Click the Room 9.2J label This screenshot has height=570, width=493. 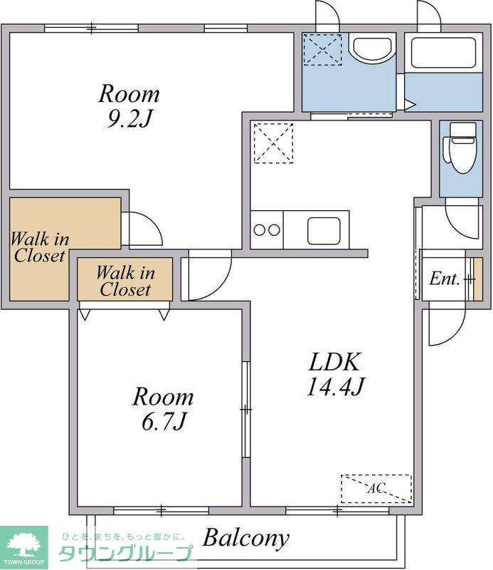point(129,105)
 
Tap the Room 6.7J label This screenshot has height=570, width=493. point(163,408)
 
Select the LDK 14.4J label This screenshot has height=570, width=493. point(335,374)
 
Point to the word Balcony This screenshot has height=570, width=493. point(245,539)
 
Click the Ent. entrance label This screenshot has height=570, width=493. point(445,279)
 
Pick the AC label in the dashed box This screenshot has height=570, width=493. point(376,488)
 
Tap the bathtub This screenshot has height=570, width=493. point(443,52)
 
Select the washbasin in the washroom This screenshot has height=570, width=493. point(374,48)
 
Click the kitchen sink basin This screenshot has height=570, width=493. point(324,231)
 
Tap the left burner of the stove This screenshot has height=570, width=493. point(260,230)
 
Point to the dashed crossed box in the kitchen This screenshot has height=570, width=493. point(273,143)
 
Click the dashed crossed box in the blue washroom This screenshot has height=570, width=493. point(323,49)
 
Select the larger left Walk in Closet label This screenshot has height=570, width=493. point(40,247)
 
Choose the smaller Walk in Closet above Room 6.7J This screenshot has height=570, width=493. point(125,281)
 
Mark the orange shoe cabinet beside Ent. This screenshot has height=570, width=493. point(478,279)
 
